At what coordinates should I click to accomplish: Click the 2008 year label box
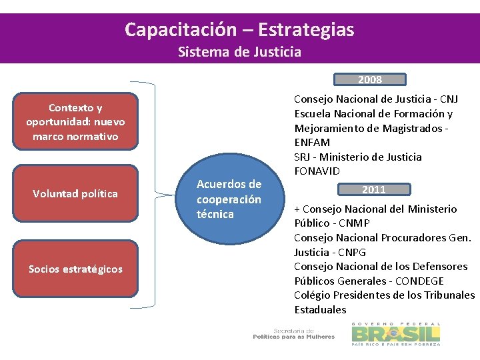tap(370, 79)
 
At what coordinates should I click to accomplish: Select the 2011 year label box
tap(373, 189)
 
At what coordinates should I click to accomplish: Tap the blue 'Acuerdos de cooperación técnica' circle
tap(229, 199)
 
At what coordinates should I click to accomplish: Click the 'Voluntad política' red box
tap(75, 193)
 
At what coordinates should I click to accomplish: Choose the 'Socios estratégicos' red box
tap(75, 269)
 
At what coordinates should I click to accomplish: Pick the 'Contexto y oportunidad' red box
tap(75, 121)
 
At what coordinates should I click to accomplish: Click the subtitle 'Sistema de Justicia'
tap(239, 51)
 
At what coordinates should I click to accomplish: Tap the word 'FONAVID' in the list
tap(317, 171)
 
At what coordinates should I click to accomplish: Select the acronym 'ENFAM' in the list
tap(312, 142)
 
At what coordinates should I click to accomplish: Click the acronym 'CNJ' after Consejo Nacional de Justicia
tap(448, 99)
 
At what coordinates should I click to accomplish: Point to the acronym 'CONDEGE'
tap(419, 281)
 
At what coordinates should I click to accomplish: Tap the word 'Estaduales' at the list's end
tap(321, 309)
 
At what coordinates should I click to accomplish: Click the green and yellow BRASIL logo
tap(396, 333)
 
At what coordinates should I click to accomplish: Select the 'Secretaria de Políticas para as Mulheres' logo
tap(293, 333)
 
